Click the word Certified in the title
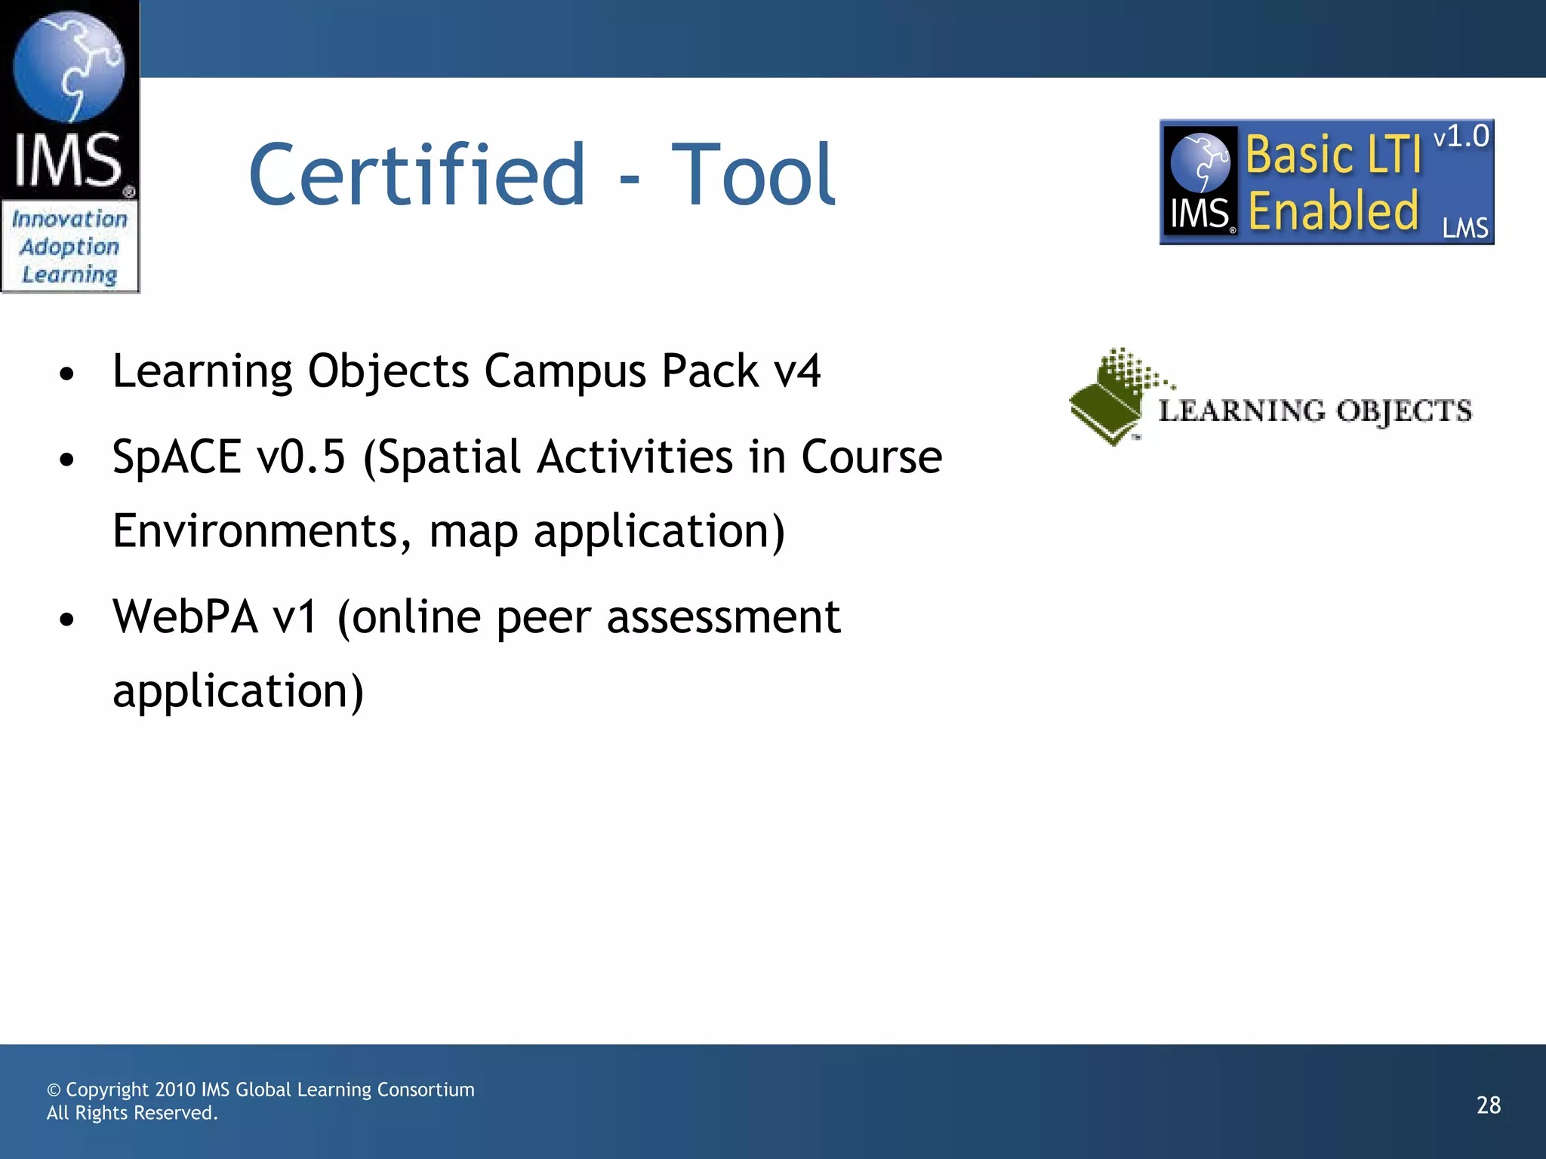(x=417, y=175)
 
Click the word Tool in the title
(x=753, y=175)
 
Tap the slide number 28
(x=1488, y=1105)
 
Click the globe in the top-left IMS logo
(x=69, y=66)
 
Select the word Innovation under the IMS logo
(x=69, y=220)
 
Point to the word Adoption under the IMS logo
(x=69, y=247)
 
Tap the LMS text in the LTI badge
(x=1464, y=228)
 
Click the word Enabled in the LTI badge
(x=1333, y=211)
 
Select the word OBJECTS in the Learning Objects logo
(x=1403, y=411)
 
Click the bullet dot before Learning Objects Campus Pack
(x=67, y=374)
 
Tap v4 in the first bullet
(x=797, y=371)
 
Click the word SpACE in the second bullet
(x=176, y=457)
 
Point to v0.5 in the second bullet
(x=300, y=457)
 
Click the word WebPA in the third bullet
(x=185, y=617)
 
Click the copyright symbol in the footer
(x=54, y=1090)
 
